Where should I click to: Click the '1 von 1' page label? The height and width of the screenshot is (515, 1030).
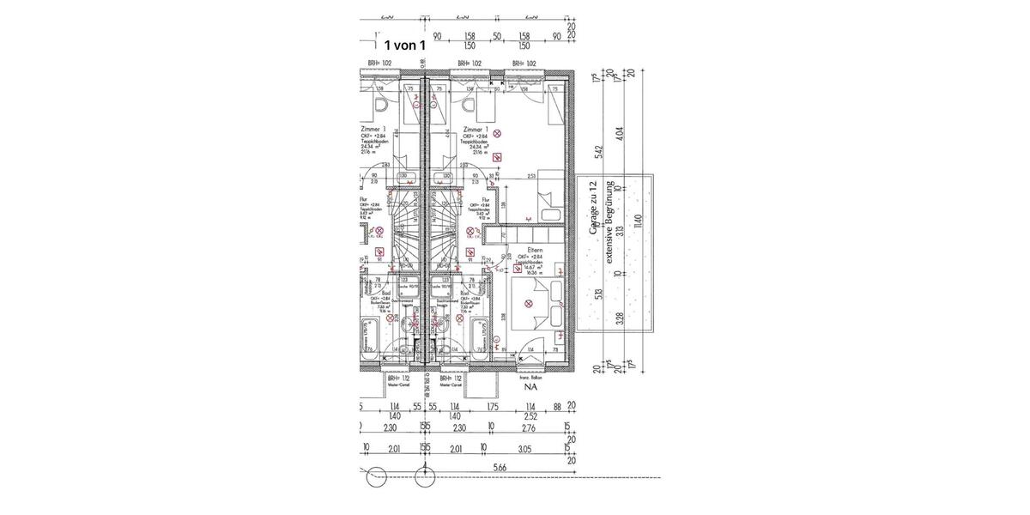pos(403,45)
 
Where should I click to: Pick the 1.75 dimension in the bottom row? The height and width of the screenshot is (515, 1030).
pos(492,407)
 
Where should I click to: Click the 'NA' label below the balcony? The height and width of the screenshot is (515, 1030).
pos(530,387)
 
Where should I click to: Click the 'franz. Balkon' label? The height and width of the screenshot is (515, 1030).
pos(530,376)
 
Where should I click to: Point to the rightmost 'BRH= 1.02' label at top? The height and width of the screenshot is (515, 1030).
pos(524,64)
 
